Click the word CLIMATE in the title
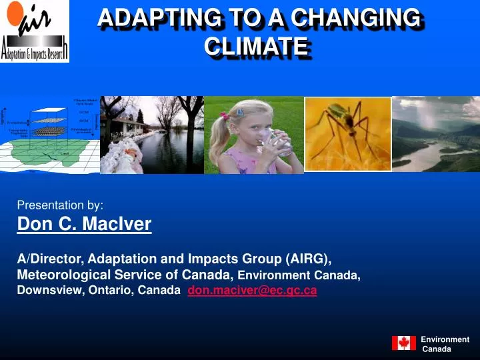(256, 46)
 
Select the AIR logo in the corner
(35, 31)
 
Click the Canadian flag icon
(403, 343)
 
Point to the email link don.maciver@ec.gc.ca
(252, 291)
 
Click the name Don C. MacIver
(84, 225)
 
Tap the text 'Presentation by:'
(60, 205)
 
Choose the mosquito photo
(347, 134)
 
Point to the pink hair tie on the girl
(225, 115)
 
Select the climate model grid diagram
(50, 135)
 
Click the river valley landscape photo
(435, 134)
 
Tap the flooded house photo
(152, 135)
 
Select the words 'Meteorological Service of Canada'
(123, 275)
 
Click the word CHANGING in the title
(370, 18)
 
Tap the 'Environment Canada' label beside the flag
(444, 344)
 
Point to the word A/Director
(50, 259)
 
